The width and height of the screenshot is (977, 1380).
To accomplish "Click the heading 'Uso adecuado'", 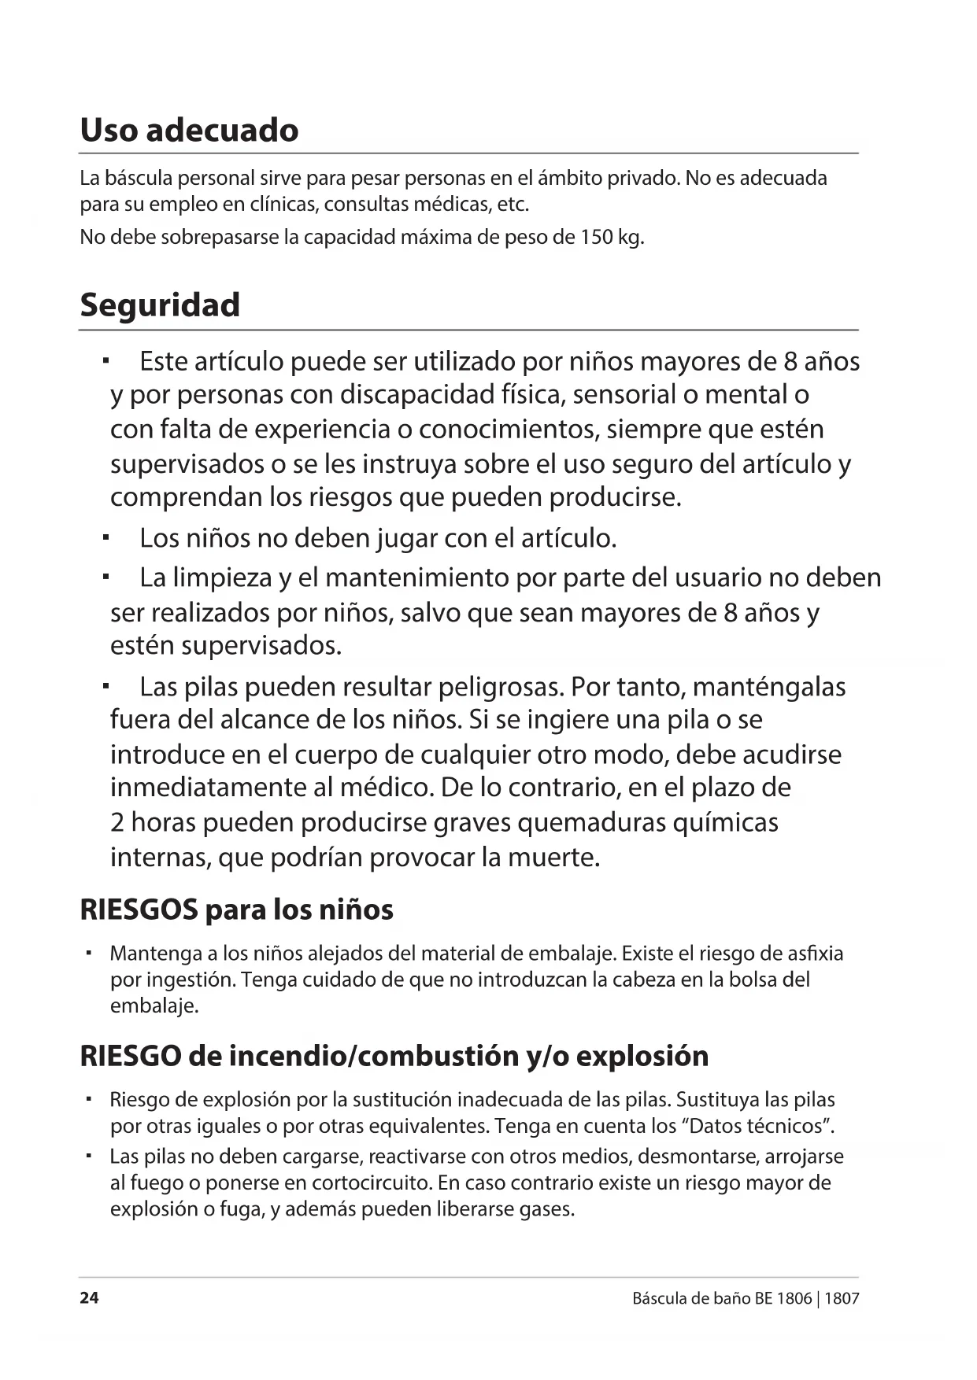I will tap(189, 130).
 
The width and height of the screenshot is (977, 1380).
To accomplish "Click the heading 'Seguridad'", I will tap(160, 305).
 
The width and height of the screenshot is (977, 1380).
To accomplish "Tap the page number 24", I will tap(89, 1298).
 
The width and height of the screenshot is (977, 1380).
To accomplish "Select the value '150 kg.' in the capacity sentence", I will tap(612, 237).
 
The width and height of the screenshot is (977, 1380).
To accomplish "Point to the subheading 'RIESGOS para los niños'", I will tap(236, 910).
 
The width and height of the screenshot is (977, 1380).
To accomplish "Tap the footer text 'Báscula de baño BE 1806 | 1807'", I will tap(745, 1298).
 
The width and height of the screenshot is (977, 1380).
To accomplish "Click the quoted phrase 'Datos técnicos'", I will tap(761, 1126).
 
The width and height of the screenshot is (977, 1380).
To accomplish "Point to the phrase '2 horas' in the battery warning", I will tap(153, 822).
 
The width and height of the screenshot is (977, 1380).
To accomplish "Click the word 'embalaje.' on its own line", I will tap(154, 1006).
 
